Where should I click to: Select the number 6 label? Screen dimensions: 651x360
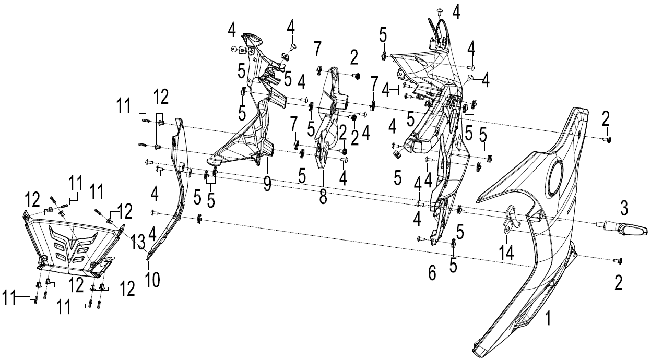point(432,273)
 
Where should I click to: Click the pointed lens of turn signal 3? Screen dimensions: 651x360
point(635,231)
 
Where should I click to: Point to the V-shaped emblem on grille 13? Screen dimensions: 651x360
point(73,242)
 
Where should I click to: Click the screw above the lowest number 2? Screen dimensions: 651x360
point(618,261)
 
